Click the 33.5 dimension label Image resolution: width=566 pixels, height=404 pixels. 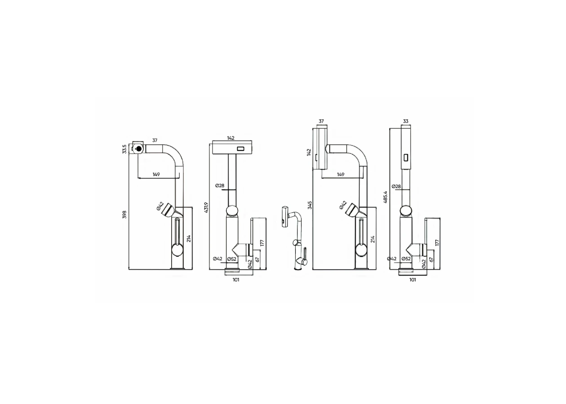click(124, 149)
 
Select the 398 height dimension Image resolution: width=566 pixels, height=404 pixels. click(124, 215)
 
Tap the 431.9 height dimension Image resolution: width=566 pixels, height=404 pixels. click(206, 207)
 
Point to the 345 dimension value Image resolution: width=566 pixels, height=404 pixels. click(310, 205)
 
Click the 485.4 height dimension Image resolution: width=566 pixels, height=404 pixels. click(385, 197)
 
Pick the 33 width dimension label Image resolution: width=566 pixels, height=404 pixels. click(406, 121)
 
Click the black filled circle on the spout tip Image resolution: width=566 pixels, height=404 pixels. click(138, 149)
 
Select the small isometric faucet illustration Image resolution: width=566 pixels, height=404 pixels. click(295, 238)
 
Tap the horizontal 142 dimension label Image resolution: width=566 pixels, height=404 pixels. click(231, 138)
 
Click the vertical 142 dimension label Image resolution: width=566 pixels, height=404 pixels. click(309, 152)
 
